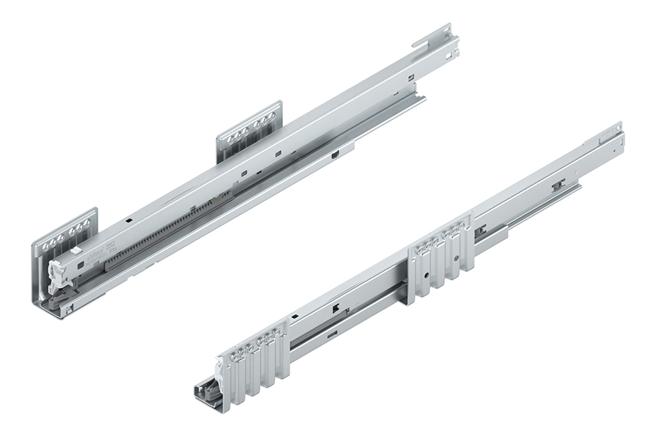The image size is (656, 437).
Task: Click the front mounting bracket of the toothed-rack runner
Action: click(65, 233)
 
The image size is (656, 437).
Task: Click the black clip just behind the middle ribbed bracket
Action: click(481, 230)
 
